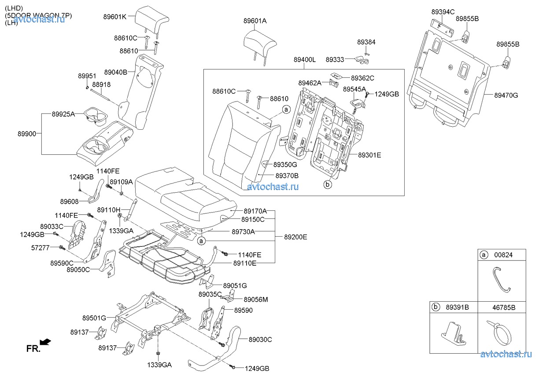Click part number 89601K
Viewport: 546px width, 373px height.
point(115,17)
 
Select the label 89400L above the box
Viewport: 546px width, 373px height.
point(304,59)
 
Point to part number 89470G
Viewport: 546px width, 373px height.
point(506,95)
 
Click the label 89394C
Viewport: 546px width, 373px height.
point(443,12)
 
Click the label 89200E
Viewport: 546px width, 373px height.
point(295,237)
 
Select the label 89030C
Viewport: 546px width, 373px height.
point(260,340)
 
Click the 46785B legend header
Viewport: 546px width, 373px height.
point(504,307)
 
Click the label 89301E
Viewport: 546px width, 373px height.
point(369,155)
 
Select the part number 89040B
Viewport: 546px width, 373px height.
point(116,72)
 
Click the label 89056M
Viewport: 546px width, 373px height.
point(256,300)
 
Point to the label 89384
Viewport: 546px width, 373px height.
point(366,42)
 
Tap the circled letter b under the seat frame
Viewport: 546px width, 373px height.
point(327,185)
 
